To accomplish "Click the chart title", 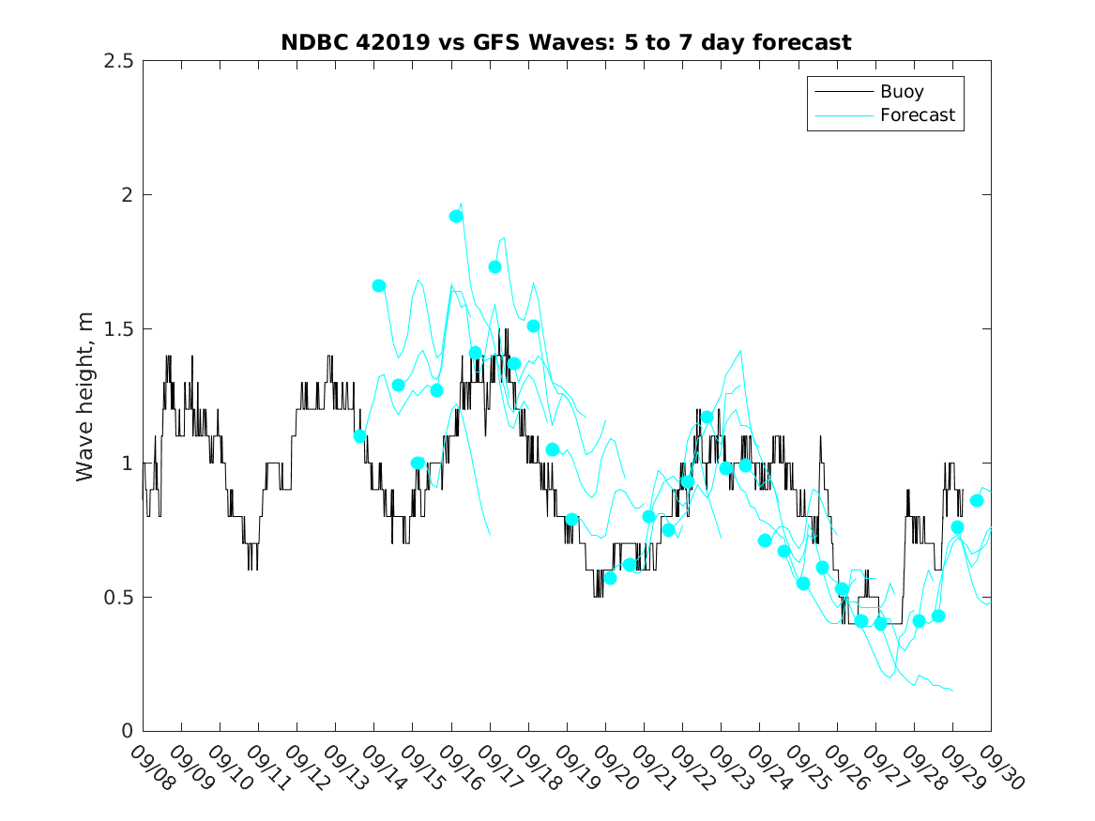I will click(x=566, y=42).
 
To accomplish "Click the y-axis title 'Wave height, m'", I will click(x=85, y=397).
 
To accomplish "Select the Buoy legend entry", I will click(x=901, y=92).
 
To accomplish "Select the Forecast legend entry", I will click(x=917, y=115).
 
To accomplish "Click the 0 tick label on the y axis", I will click(x=127, y=731).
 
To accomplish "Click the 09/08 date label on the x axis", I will click(x=149, y=767).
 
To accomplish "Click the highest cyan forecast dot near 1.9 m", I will click(x=456, y=216).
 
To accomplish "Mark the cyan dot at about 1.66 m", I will click(x=379, y=285).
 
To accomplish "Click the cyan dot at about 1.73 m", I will click(x=494, y=266).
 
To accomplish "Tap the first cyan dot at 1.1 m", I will click(x=359, y=435).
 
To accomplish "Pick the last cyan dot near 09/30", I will click(x=977, y=500).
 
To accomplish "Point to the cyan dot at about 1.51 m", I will click(x=533, y=326).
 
